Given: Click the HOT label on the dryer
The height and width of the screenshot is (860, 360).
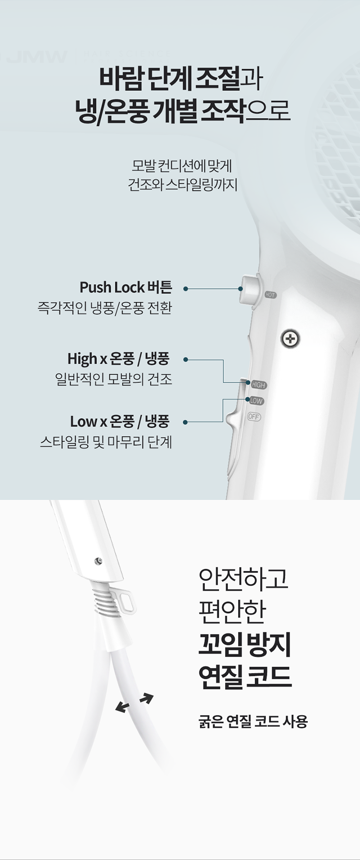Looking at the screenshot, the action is tap(270, 295).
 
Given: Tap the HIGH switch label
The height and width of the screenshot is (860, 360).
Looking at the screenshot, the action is tap(258, 385).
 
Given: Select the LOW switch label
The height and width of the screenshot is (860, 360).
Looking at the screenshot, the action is tap(256, 401).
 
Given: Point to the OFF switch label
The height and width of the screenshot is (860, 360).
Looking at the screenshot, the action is tap(254, 417).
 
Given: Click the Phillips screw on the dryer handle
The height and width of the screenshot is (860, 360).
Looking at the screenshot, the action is tap(290, 339).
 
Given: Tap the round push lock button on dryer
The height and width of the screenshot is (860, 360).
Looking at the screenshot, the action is tap(249, 289).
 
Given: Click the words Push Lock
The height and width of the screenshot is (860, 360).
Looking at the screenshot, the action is tap(112, 287).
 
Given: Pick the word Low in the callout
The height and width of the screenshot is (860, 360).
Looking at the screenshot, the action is tap(84, 421).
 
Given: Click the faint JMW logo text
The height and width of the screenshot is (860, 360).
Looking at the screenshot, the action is tap(37, 57).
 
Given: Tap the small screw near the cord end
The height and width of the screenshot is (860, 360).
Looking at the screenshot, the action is tap(98, 561).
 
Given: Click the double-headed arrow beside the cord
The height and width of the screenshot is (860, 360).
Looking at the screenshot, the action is tap(134, 703).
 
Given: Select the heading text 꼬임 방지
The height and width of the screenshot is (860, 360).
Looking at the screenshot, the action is tap(245, 645).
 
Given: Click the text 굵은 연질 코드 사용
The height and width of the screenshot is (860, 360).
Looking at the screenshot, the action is tap(253, 721).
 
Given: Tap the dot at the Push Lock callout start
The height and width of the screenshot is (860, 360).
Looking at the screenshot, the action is tap(186, 289).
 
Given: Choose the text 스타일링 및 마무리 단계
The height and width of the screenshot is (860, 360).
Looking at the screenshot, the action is tap(106, 442).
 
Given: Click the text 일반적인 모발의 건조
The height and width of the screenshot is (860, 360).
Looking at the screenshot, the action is tap(114, 379).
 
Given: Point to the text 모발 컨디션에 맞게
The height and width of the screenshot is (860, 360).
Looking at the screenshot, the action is tap(182, 165).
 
